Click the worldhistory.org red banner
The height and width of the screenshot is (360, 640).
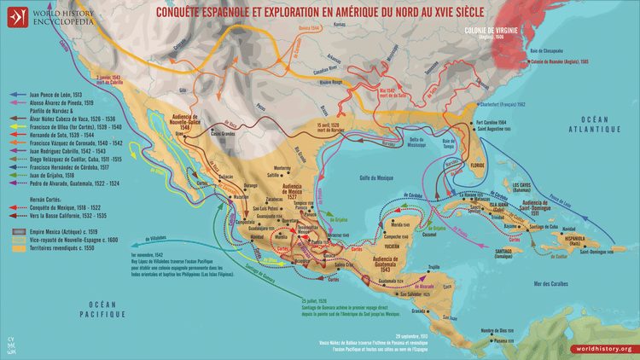click(602, 349)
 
